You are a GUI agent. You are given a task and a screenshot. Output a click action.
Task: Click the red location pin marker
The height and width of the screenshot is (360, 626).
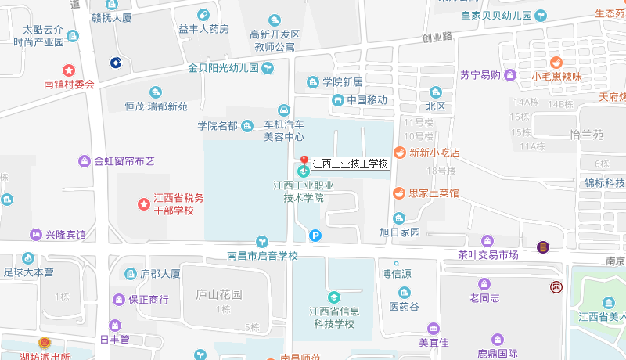point(304,160)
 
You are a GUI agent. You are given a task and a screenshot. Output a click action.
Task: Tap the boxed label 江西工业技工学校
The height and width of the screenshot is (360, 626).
point(350,164)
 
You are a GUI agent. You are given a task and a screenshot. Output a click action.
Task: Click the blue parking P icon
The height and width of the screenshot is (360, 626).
point(315,235)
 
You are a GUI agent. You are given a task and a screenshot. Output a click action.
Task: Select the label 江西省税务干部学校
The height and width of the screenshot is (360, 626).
point(178,204)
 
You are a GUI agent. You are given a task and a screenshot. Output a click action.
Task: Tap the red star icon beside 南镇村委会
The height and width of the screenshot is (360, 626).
point(69,70)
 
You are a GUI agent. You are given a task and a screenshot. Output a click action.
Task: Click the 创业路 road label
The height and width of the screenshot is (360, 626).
point(437,38)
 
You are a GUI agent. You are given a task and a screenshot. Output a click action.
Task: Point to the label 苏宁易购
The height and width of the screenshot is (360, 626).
point(480,75)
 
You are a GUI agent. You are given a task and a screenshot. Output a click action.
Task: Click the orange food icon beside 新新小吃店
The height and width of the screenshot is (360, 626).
point(398,153)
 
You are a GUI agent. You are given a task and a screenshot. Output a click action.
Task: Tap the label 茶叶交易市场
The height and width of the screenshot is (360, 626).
point(488,255)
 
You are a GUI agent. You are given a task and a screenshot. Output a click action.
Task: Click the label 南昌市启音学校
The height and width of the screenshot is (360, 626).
point(262,256)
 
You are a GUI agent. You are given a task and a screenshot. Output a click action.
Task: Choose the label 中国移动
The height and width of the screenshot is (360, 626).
point(366,100)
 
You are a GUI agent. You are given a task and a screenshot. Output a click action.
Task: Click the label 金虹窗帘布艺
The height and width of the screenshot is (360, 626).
point(124,161)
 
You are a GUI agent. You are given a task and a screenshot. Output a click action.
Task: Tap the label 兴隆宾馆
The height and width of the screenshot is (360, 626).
point(65,235)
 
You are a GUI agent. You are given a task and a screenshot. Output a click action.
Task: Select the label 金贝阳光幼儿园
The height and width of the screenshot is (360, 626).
point(223,68)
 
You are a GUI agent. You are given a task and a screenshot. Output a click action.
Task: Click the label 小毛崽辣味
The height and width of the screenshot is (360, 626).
point(556,76)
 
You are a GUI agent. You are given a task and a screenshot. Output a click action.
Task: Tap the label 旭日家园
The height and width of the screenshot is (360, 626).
point(400,232)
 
